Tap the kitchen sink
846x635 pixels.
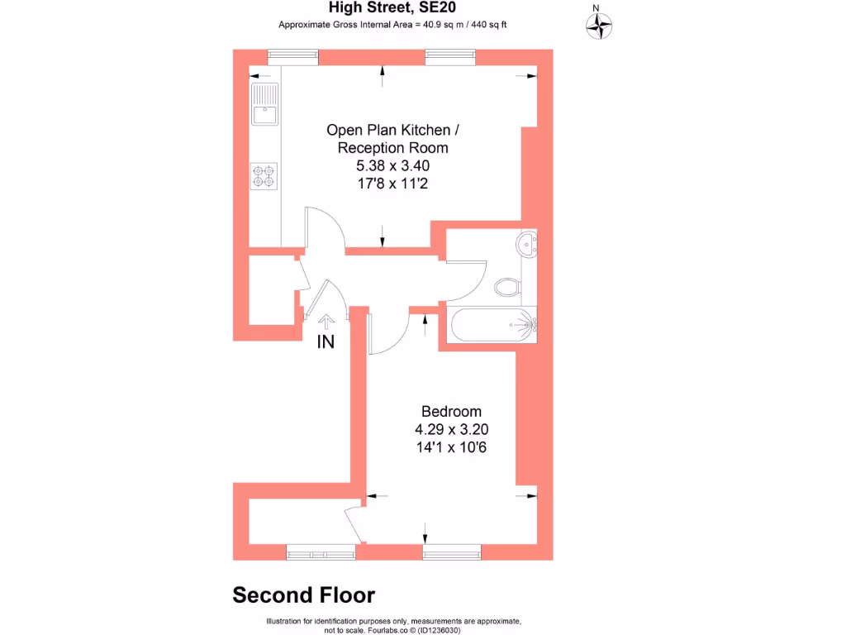click(x=264, y=105)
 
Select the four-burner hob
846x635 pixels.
click(x=264, y=175)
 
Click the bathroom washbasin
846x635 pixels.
click(x=528, y=244)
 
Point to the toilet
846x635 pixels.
click(x=508, y=288)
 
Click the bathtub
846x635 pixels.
click(x=492, y=325)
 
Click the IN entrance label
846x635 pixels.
click(x=326, y=341)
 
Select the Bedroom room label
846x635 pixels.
click(x=451, y=412)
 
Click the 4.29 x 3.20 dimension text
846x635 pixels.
click(x=451, y=430)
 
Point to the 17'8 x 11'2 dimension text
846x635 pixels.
click(x=393, y=184)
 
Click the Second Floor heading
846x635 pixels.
click(x=303, y=595)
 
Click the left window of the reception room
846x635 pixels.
click(x=293, y=56)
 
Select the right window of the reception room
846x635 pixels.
click(x=450, y=56)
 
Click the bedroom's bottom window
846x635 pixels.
click(x=451, y=551)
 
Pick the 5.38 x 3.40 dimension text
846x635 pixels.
click(x=393, y=166)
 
